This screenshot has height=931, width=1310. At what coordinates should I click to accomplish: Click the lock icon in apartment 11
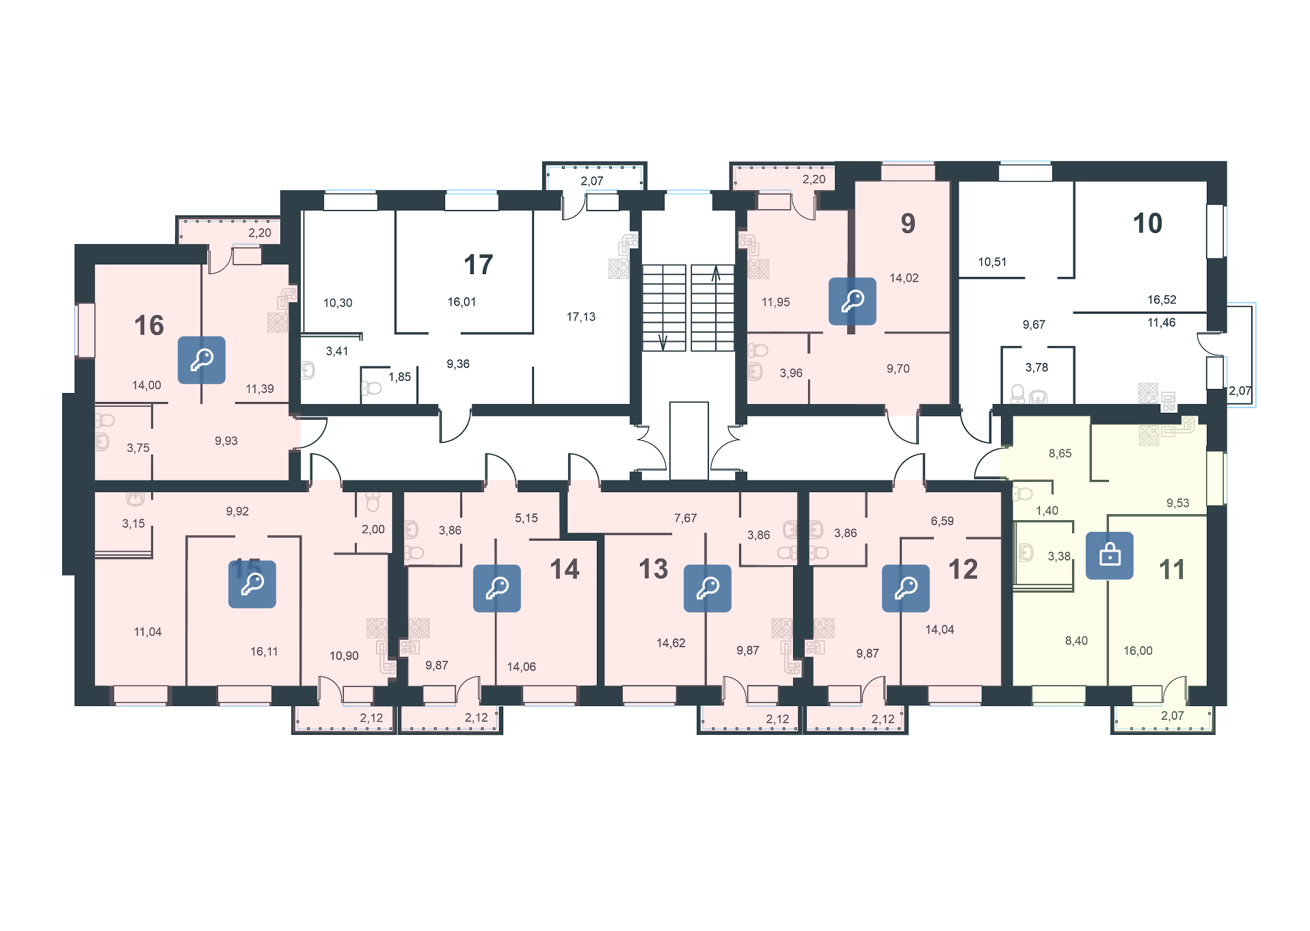[1110, 555]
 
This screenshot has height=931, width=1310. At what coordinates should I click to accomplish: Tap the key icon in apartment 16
[202, 360]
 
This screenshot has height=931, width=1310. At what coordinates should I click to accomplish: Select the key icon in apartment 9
[853, 301]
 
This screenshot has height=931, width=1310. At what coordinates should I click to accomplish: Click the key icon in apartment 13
[708, 588]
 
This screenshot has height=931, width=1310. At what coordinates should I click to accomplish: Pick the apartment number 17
[478, 265]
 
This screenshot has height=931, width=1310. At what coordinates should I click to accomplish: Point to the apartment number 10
[1147, 224]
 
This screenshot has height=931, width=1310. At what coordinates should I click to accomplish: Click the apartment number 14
[565, 569]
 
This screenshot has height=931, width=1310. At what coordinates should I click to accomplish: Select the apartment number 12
[963, 569]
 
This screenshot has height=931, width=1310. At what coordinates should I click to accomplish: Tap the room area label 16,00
[1138, 651]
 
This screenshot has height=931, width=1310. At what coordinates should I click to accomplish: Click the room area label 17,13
[580, 317]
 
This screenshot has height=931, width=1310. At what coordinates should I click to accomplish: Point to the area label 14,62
[671, 643]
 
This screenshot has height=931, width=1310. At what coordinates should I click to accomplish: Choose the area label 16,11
[264, 651]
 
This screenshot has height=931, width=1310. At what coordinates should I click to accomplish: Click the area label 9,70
[898, 369]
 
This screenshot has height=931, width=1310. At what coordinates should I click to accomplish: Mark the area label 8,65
[1060, 453]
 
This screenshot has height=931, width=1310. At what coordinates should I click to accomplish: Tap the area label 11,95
[775, 302]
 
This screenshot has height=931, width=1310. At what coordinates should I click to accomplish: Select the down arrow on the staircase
[662, 340]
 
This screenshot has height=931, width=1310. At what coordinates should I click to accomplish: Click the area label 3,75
[138, 448]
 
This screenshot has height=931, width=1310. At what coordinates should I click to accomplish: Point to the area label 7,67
[685, 519]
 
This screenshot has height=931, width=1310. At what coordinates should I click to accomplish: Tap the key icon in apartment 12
[906, 588]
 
